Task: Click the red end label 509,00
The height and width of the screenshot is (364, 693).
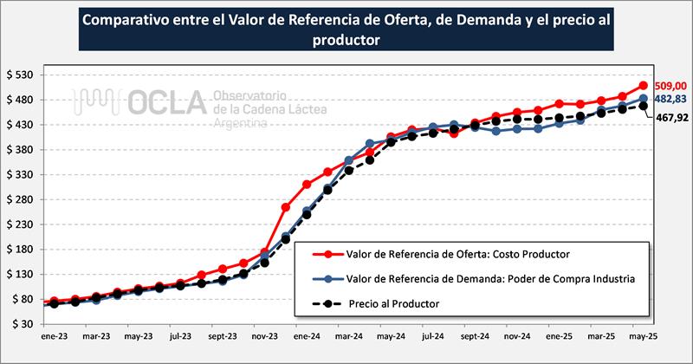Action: [670, 86]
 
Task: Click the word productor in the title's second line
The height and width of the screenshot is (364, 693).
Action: [346, 39]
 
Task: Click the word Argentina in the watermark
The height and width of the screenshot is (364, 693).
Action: [241, 124]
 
